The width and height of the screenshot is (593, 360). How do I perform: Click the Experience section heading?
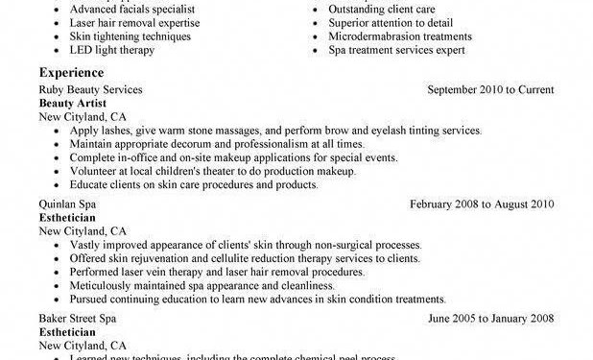tap(74, 72)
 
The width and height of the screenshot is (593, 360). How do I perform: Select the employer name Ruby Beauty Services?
tap(91, 89)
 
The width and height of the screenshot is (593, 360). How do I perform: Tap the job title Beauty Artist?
tap(71, 102)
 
